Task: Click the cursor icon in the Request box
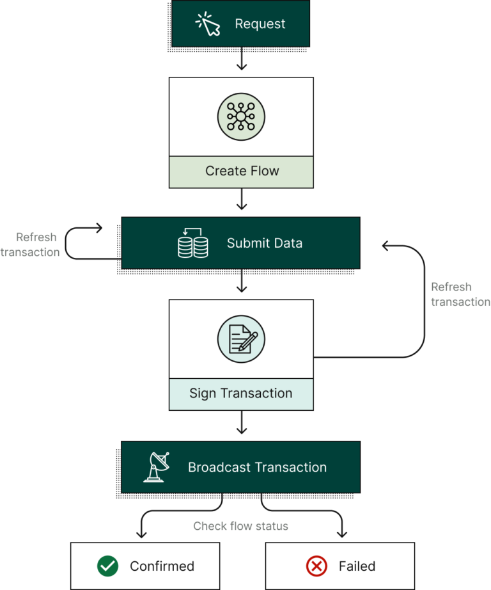[208, 24]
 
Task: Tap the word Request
[260, 24]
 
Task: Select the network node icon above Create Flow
[241, 117]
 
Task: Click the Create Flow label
[242, 171]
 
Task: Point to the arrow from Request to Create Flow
[241, 61]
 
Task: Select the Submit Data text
[265, 243]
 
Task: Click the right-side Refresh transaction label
[460, 294]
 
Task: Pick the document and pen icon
[241, 339]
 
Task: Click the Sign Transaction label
[241, 393]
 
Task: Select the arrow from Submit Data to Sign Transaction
[241, 283]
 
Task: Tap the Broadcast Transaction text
[257, 467]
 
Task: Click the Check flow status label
[241, 526]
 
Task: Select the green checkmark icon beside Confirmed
[107, 566]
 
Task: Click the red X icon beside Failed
[316, 566]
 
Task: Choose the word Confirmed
[162, 566]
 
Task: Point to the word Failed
[357, 566]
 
